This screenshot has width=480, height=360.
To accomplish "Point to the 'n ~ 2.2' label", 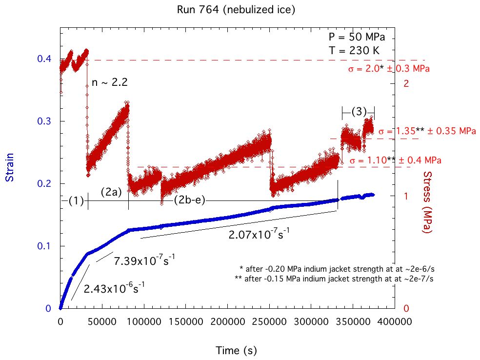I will tap(110, 82).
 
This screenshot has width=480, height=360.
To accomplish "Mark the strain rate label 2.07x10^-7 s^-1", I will tap(260, 234).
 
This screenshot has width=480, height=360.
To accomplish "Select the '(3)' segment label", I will tap(359, 111).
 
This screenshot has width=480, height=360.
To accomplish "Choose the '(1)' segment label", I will tap(76, 200).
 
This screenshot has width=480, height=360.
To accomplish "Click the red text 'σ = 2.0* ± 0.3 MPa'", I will tap(389, 69).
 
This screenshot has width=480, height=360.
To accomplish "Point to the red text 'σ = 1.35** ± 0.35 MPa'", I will tap(427, 131).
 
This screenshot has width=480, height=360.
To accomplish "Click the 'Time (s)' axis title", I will tap(236, 350).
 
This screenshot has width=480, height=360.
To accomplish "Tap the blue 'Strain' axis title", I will tap(9, 168).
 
